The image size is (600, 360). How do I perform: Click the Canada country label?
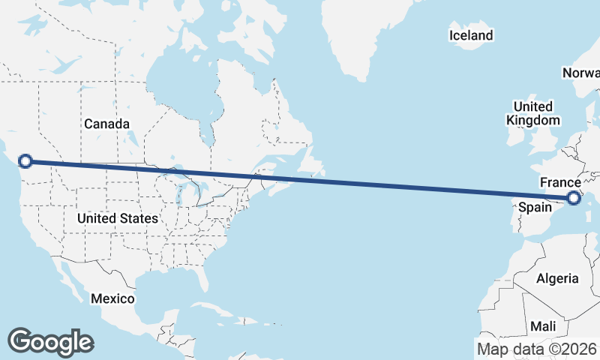coord(106,124)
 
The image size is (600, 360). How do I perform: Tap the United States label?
coord(118,218)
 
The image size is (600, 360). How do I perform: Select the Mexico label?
coord(112,298)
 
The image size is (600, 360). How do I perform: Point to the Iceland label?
coord(471,35)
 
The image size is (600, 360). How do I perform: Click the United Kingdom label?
coord(532,113)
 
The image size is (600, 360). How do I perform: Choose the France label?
coord(560,183)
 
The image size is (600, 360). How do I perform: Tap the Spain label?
coord(536,207)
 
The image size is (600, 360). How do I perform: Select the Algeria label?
coord(557,278)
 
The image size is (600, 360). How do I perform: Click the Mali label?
coord(543,327)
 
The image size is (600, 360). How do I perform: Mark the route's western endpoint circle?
coord(25,160)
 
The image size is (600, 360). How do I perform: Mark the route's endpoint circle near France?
coord(574,198)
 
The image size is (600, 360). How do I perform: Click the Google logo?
coord(50,341)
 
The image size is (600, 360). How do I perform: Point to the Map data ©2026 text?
coord(536,349)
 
